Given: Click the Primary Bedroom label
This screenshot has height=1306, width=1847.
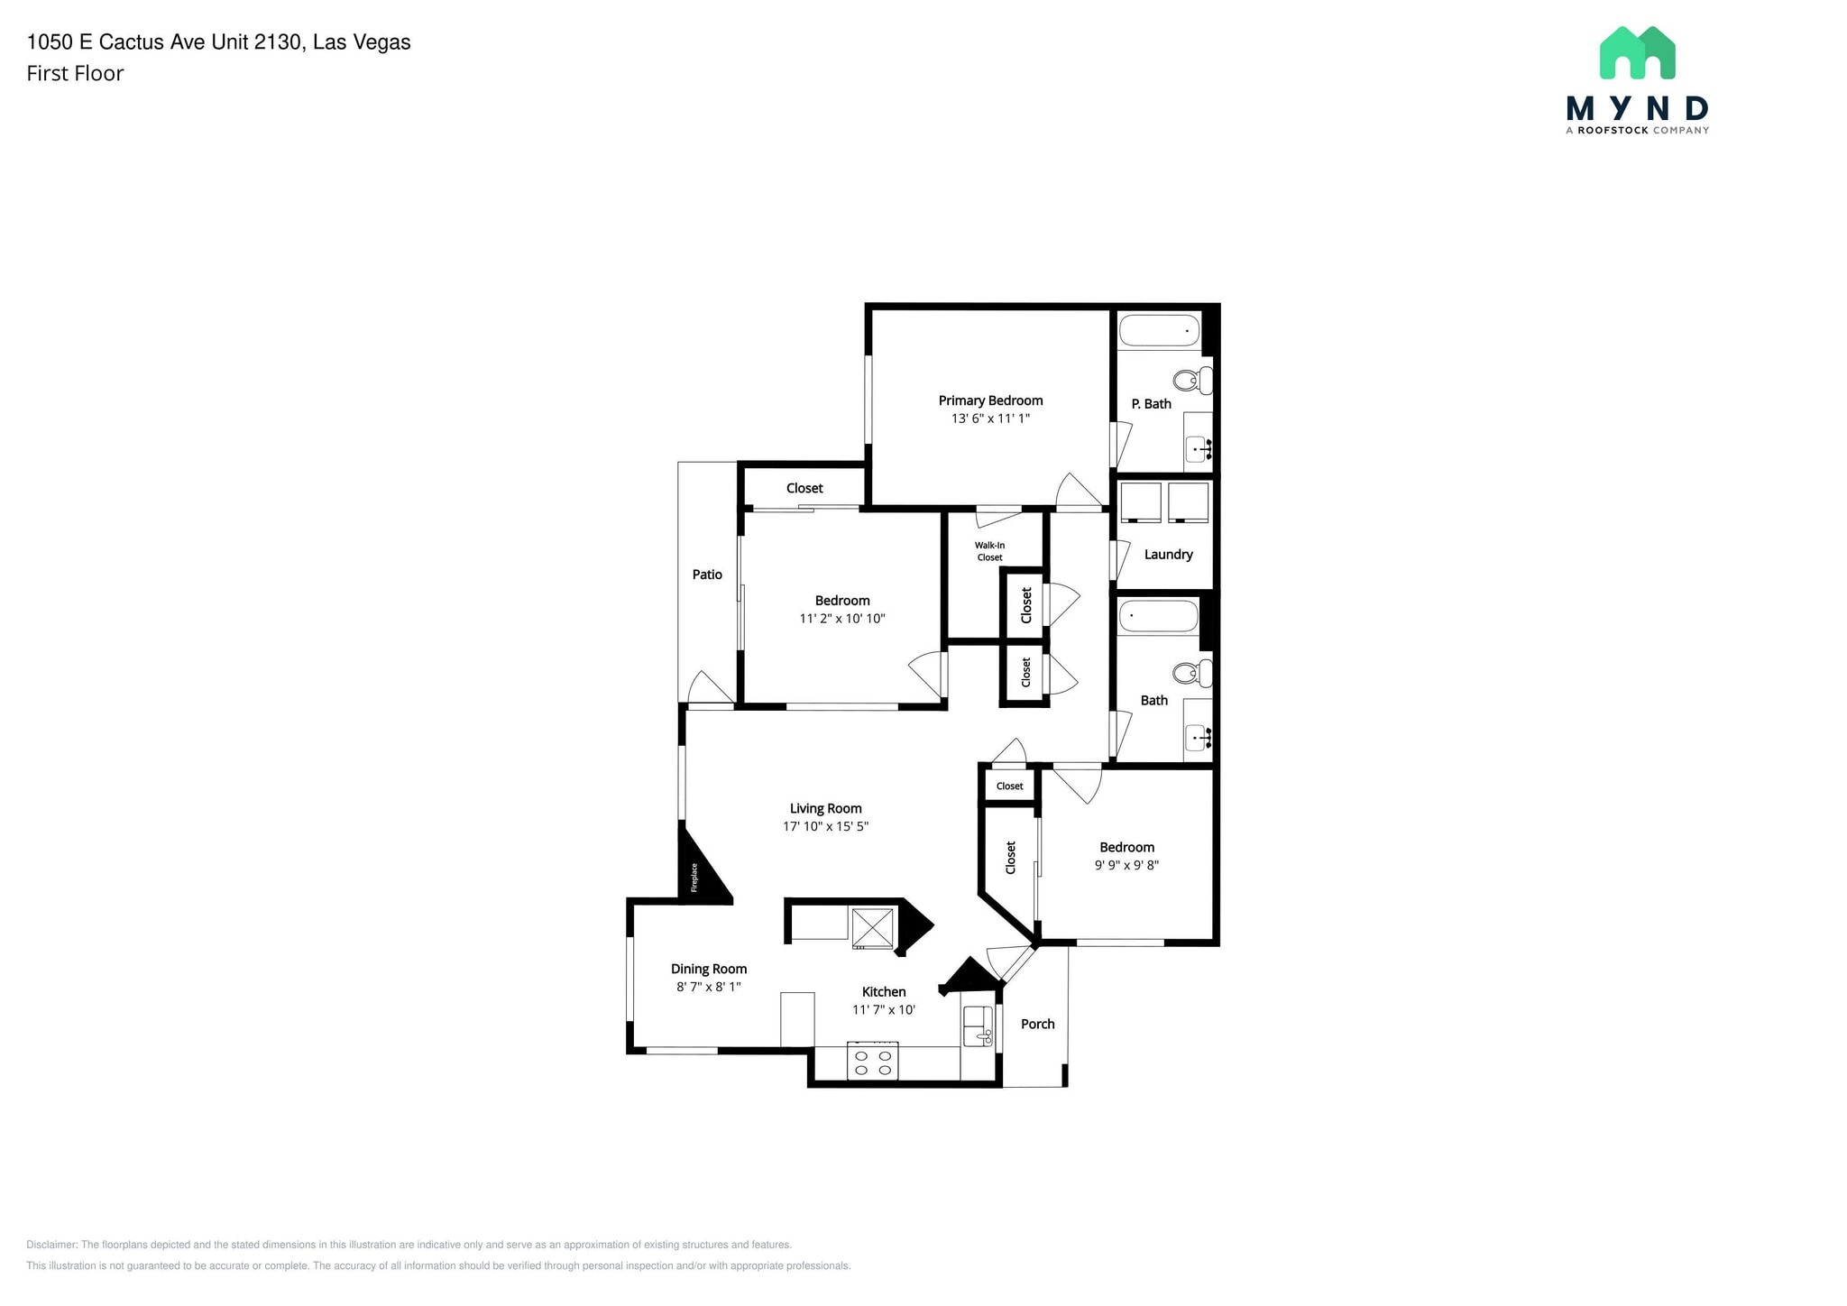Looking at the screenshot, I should pyautogui.click(x=990, y=400).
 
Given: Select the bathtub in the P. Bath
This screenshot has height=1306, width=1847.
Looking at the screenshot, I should pyautogui.click(x=1160, y=331).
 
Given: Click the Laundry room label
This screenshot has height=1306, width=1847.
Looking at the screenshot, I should pyautogui.click(x=1168, y=555).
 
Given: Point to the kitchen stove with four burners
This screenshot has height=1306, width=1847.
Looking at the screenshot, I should pyautogui.click(x=873, y=1061).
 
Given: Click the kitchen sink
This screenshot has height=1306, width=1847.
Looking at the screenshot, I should pyautogui.click(x=976, y=1026).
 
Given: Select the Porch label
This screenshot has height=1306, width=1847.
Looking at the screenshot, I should pyautogui.click(x=1037, y=1024).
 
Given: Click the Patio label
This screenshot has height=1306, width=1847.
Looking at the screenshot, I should pyautogui.click(x=707, y=575).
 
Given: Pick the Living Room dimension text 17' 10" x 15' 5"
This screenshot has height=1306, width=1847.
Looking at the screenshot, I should pyautogui.click(x=825, y=826).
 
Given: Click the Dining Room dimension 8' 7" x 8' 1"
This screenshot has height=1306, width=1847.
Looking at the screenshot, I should pyautogui.click(x=709, y=987).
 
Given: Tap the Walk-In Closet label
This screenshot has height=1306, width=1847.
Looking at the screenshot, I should pyautogui.click(x=989, y=551).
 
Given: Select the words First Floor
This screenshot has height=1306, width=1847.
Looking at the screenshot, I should pyautogui.click(x=75, y=74).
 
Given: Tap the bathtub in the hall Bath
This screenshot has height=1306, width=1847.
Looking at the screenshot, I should pyautogui.click(x=1159, y=617).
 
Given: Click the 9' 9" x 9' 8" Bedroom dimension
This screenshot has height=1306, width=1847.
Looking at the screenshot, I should pyautogui.click(x=1126, y=865).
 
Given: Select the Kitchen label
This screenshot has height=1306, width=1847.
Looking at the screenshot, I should pyautogui.click(x=884, y=992).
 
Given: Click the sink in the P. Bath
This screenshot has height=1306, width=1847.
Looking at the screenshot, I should pyautogui.click(x=1199, y=447).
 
